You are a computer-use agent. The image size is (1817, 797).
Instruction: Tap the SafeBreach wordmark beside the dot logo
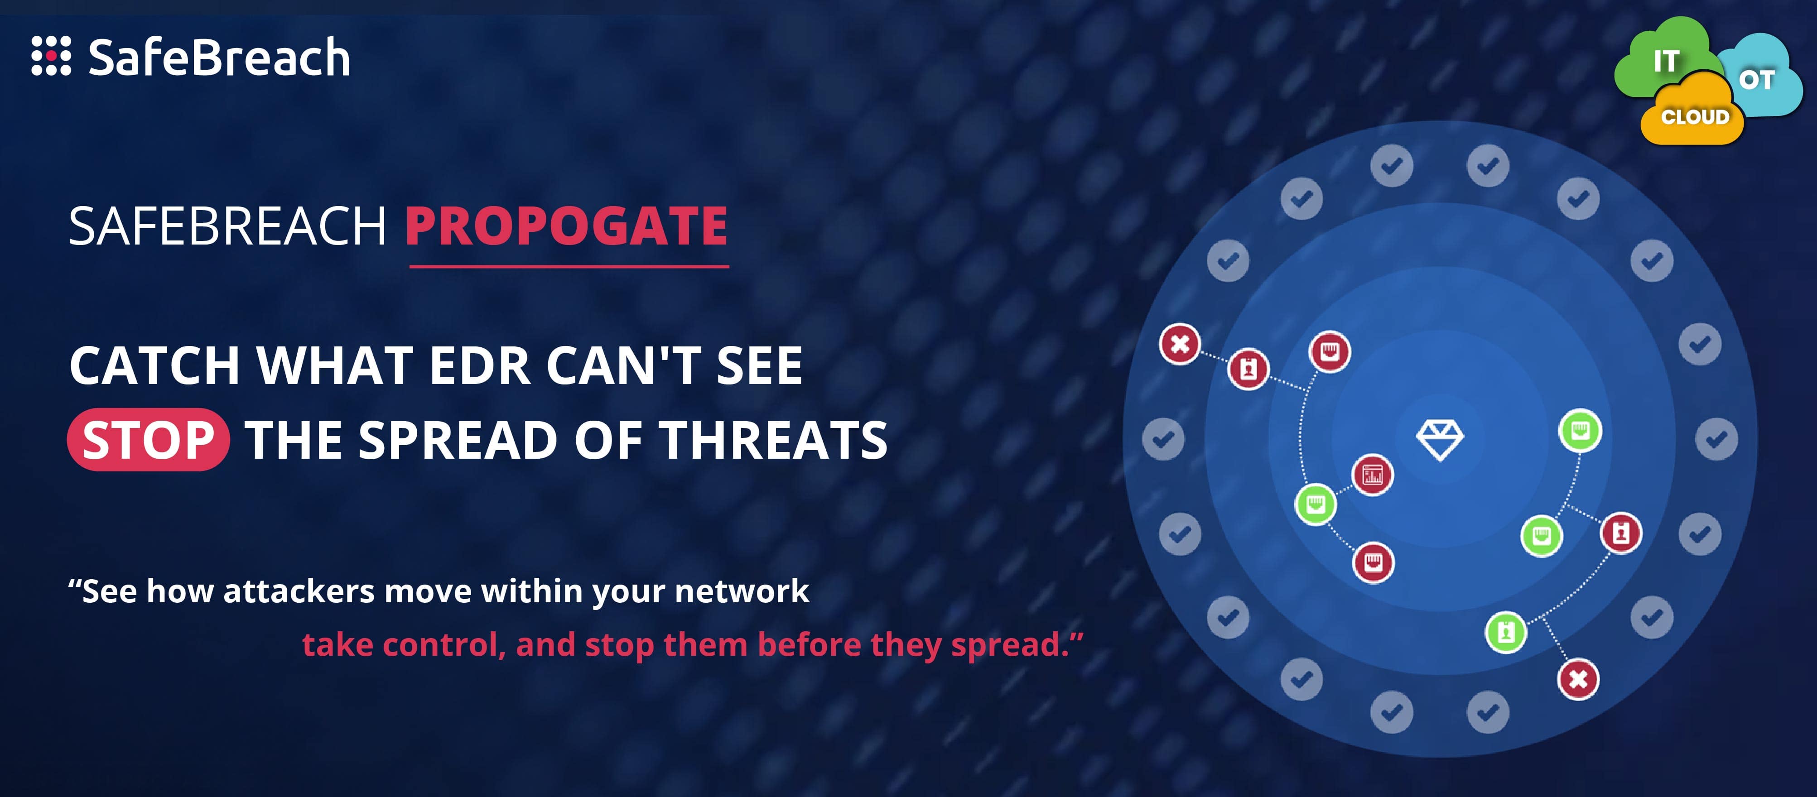219,58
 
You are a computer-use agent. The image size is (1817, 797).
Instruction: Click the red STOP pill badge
148,439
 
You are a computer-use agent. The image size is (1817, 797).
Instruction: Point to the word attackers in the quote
299,591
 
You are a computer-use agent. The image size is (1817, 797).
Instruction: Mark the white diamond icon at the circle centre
1440,439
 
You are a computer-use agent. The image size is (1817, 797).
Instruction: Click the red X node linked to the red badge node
1179,344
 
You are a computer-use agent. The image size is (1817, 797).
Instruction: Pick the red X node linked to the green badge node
1578,678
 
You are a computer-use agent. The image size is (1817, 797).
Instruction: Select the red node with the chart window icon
1372,475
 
